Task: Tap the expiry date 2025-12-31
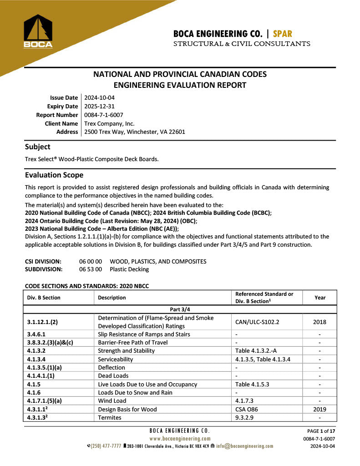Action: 99,106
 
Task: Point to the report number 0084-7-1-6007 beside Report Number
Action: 103,115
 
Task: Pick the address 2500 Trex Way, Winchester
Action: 134,132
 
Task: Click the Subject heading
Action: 38,147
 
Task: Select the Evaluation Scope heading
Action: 54,175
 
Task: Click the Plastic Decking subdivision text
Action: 129,269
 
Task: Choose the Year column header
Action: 320,298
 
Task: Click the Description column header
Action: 112,298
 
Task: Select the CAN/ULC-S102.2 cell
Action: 257,322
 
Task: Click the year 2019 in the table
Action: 319,409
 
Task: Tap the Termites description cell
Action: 110,417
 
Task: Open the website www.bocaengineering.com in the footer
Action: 179,439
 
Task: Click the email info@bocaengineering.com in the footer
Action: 244,446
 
